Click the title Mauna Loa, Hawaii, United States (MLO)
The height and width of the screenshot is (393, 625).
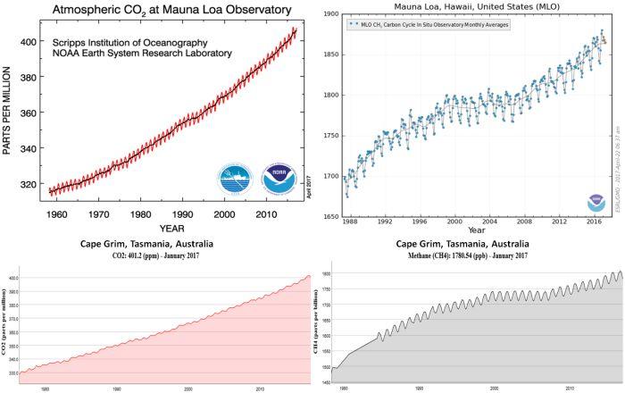(468, 5)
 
